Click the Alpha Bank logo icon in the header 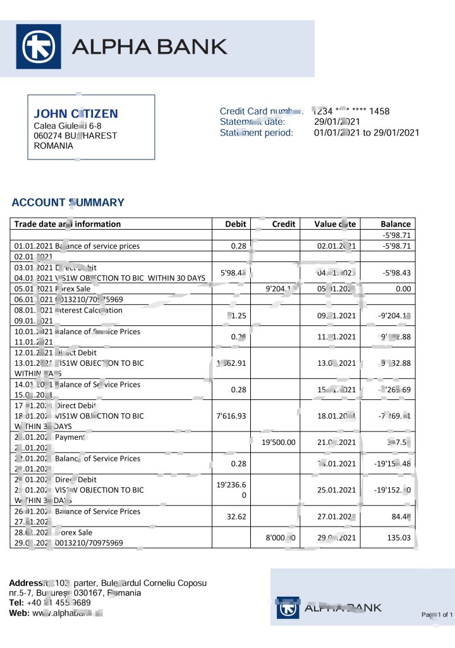pos(38,46)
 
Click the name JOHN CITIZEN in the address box pos(75,114)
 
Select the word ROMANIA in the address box pos(53,146)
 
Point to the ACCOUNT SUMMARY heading pos(68,202)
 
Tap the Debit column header pos(236,224)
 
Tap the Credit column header pos(284,224)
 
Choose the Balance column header pos(396,224)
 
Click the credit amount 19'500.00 pos(279,442)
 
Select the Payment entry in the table pos(70,437)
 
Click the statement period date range pos(367,133)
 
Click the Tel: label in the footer pos(16,603)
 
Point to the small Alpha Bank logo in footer pos(288,608)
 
